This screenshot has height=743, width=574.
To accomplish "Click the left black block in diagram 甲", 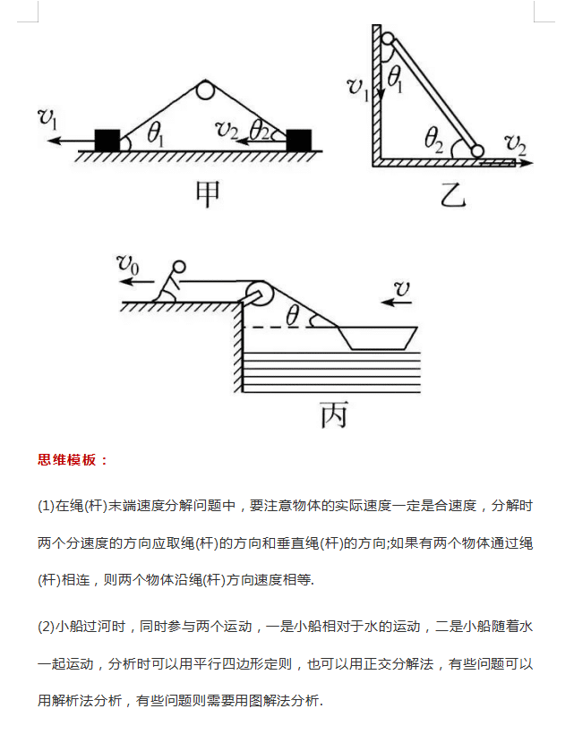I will [107, 140].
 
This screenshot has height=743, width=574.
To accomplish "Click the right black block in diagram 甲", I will [299, 140].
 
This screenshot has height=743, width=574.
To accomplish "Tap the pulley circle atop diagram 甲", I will [205, 90].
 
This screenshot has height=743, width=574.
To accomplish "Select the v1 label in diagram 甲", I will [48, 116].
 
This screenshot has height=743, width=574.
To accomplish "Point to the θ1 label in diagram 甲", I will [156, 134].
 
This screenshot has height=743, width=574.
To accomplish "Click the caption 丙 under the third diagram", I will [333, 414].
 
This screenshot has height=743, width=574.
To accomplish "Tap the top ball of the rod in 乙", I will [388, 38].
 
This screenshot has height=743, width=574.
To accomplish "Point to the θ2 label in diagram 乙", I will [435, 140].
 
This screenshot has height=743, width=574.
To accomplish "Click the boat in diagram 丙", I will [377, 337].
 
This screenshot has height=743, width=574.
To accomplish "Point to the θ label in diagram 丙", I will [292, 315].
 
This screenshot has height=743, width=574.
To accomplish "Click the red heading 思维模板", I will [73, 460].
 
